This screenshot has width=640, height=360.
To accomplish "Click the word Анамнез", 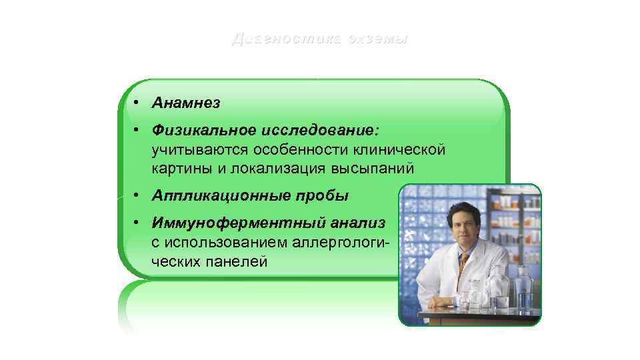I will [186, 103].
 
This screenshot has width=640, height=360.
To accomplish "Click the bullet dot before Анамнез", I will [135, 103].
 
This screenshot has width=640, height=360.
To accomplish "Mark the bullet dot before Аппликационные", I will [135, 196].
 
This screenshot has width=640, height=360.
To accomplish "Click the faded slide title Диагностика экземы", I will [319, 39].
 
